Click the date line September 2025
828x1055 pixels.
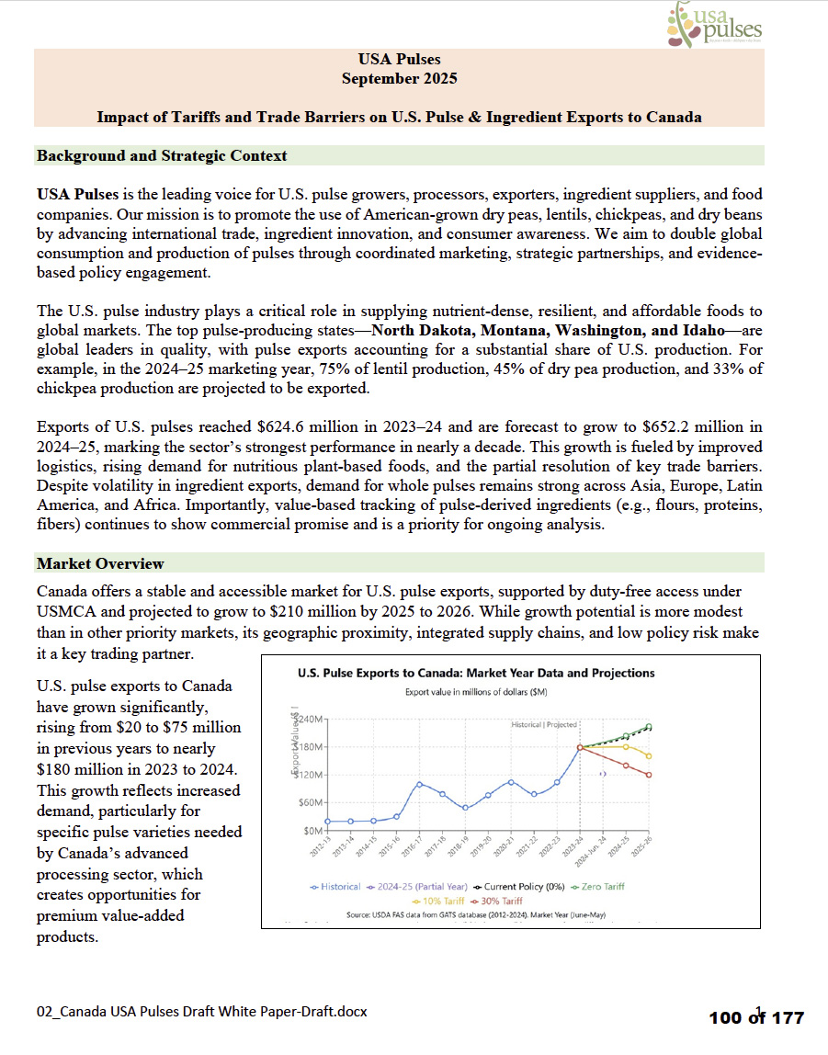point(399,79)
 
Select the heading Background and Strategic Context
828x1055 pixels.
point(162,155)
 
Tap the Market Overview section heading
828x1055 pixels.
point(100,563)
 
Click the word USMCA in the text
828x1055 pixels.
point(74,611)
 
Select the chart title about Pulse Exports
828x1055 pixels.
point(476,673)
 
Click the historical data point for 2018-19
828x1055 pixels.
point(465,808)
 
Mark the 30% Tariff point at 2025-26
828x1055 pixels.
point(649,775)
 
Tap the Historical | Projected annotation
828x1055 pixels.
point(544,725)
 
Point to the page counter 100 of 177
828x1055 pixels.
point(756,1017)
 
